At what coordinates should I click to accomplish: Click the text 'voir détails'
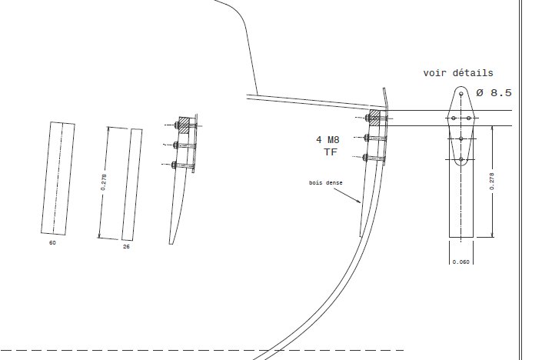pos(458,73)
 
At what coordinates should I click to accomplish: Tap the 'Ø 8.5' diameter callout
pos(494,92)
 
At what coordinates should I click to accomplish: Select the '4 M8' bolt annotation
pos(328,140)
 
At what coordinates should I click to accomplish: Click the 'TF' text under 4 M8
pos(331,152)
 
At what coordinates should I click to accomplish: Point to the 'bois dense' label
pos(326,182)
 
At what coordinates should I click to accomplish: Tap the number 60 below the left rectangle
pos(52,243)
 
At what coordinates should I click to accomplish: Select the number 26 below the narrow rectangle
pos(126,247)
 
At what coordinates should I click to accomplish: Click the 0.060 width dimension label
pos(461,262)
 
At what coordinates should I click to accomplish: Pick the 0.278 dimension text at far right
pos(492,182)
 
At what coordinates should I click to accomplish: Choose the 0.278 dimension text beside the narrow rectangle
pos(103,182)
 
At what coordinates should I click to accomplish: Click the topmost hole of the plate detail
pos(461,94)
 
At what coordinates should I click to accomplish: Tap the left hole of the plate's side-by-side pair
pos(454,118)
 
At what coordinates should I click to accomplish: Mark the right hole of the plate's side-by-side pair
pos(469,118)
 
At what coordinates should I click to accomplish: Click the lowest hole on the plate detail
pos(461,159)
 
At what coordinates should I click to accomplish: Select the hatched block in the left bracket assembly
pos(185,125)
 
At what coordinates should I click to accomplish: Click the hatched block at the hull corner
pos(374,118)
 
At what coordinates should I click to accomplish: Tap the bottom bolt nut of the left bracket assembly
pos(174,165)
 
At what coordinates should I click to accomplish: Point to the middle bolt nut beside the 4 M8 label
pos(367,138)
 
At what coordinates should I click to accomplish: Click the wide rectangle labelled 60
pos(58,178)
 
